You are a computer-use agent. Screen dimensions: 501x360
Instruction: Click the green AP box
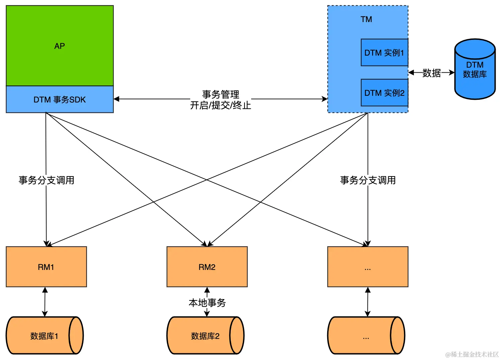click(60, 46)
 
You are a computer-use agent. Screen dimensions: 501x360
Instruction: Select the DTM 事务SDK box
click(60, 99)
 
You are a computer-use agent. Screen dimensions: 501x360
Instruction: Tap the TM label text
click(366, 19)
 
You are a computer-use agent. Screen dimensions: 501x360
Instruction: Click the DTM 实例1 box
click(384, 53)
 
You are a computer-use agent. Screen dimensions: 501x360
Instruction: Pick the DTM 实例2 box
click(384, 92)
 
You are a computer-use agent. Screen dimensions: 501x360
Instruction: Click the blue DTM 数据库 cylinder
click(475, 69)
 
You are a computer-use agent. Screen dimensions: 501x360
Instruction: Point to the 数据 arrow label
click(431, 73)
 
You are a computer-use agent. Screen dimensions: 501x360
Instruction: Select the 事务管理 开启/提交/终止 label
click(221, 100)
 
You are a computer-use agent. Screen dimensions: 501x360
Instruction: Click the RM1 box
click(46, 267)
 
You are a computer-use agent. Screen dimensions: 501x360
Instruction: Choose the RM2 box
click(207, 267)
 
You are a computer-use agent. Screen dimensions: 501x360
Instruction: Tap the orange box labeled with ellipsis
click(368, 267)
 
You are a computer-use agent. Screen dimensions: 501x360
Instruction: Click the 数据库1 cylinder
click(45, 336)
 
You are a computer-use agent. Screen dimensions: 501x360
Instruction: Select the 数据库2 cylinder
click(205, 336)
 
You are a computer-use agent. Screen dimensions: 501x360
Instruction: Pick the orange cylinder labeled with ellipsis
click(366, 336)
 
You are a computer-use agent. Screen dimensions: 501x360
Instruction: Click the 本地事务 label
click(207, 303)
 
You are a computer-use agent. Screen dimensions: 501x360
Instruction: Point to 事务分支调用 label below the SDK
click(46, 180)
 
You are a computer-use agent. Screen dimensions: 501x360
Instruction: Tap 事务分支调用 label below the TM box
click(368, 180)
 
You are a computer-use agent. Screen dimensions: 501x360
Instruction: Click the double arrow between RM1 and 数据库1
click(45, 302)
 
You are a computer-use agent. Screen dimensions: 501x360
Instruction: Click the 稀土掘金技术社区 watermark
click(472, 354)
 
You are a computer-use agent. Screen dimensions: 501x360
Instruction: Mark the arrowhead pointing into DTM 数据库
click(452, 72)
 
